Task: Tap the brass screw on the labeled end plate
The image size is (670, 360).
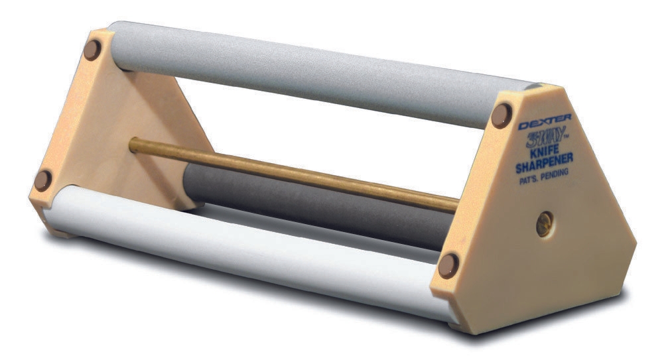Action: (x=545, y=223)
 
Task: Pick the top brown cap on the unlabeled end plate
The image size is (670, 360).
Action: (x=92, y=49)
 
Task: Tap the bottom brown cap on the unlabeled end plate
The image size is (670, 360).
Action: (x=43, y=180)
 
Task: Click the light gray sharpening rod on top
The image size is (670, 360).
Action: (x=299, y=66)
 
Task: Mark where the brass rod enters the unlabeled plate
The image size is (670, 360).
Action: (x=133, y=144)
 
